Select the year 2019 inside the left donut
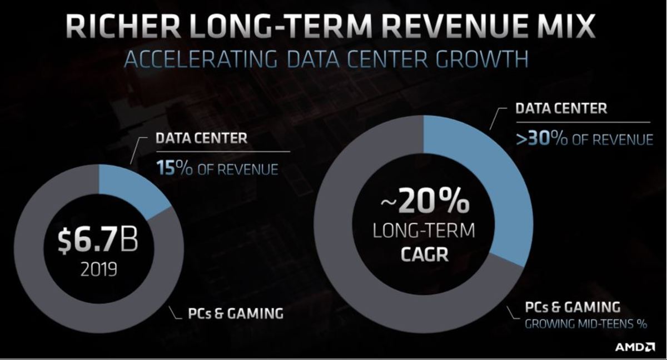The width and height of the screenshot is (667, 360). [98, 271]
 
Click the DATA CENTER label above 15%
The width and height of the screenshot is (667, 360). [201, 138]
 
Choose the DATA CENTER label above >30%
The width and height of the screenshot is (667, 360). [561, 108]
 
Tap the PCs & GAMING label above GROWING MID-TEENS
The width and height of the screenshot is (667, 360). [573, 307]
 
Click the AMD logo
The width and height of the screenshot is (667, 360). [635, 347]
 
